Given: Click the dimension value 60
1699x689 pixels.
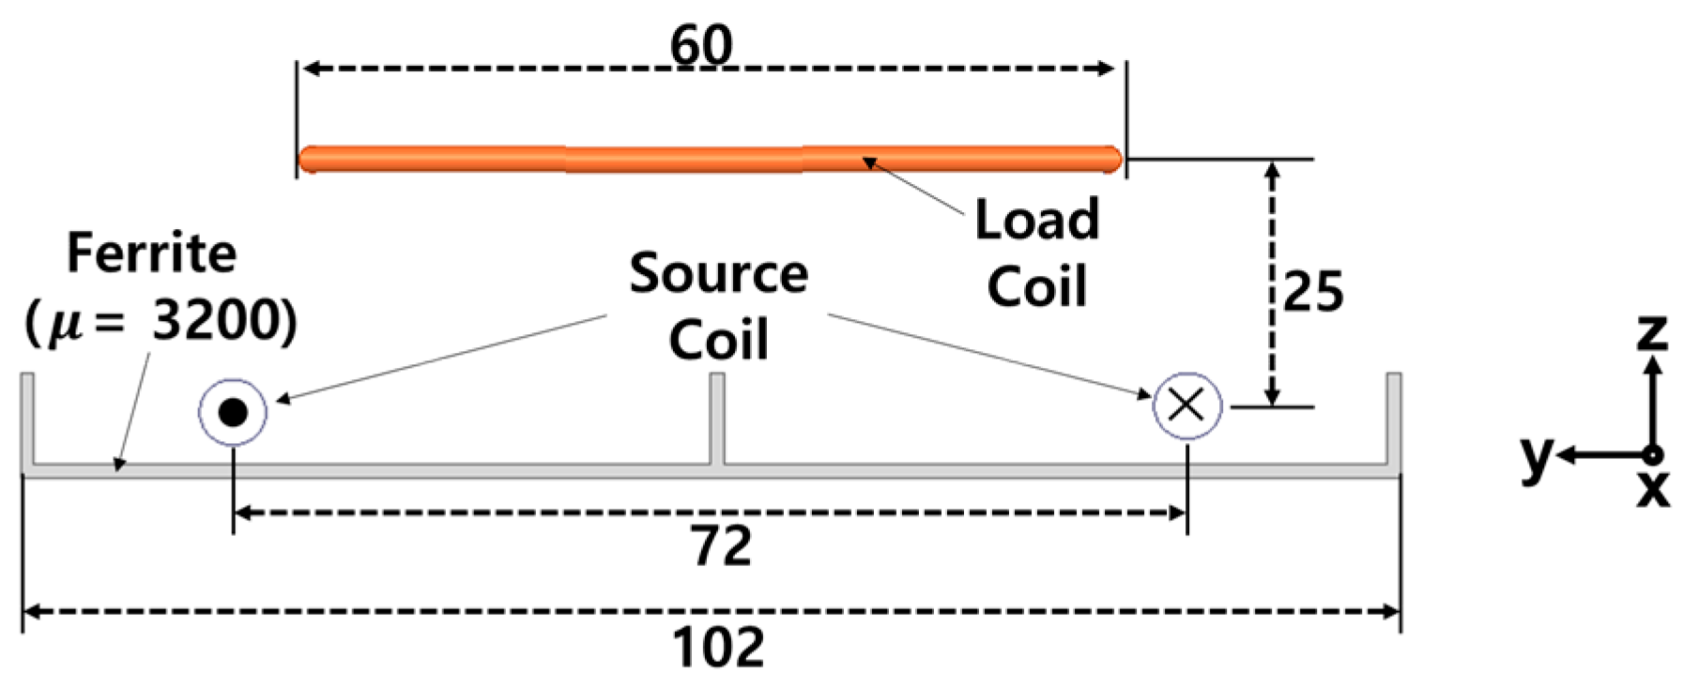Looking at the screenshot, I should [x=700, y=44].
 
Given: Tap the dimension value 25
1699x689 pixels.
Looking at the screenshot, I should [x=1312, y=291].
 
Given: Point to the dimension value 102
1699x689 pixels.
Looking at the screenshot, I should [x=718, y=649].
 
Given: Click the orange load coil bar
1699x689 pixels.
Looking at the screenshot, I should [x=710, y=159].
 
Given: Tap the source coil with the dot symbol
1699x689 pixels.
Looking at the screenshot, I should [x=233, y=411].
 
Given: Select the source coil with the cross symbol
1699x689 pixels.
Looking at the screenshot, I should [x=1187, y=406].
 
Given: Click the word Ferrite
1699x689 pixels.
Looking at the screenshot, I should [x=152, y=253].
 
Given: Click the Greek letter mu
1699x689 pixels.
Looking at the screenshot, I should [x=63, y=325].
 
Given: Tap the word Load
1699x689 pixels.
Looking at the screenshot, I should [x=1036, y=220].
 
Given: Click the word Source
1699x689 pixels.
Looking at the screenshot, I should [x=718, y=274].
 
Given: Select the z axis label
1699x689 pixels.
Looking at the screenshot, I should [x=1652, y=331].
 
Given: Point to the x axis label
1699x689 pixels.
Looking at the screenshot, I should [x=1653, y=488].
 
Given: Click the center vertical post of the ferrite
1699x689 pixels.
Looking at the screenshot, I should [x=716, y=418].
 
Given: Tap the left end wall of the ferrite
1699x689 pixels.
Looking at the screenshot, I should [x=28, y=418].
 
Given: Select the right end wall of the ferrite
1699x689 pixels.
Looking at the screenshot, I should [x=1394, y=418].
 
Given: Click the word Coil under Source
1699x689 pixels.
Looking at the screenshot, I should [x=718, y=340].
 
